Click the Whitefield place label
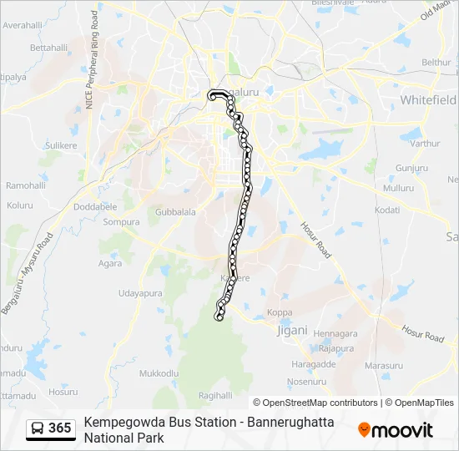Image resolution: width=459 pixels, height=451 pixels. pos(428,99)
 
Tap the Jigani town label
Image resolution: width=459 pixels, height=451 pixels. pos(291,330)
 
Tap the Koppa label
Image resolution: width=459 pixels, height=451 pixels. pos(280,313)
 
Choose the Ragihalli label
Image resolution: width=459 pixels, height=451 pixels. pos(215,395)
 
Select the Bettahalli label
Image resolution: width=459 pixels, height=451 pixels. pos(48,48)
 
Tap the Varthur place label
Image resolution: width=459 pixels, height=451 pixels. pos(424,144)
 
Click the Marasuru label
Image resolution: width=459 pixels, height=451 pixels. pos(384,366)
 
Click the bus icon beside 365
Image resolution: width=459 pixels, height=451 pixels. pos(37,428)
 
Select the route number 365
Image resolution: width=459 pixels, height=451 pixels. pos(60,428)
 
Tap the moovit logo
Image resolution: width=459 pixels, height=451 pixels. pos(396,430)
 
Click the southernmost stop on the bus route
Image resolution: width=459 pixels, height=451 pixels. pos(220,317)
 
